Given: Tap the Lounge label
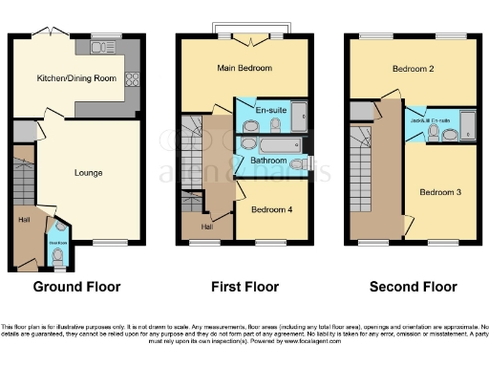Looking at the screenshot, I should [x=89, y=173].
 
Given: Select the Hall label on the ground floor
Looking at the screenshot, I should [x=23, y=219].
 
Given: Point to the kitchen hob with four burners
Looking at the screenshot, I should [x=132, y=82].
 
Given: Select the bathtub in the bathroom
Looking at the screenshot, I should [x=277, y=144].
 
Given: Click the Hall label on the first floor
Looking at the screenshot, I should [x=206, y=227].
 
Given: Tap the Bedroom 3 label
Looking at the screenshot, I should [x=439, y=192].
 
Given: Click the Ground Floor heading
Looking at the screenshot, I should [x=76, y=287].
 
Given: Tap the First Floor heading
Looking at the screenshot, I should [x=244, y=287].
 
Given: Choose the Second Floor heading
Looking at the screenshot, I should [x=413, y=287].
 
